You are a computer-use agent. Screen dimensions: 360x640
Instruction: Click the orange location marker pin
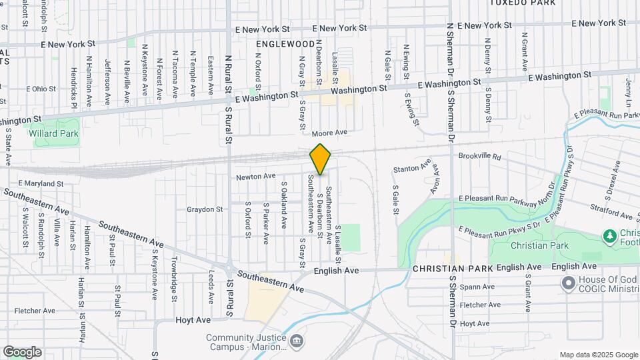click(320, 159)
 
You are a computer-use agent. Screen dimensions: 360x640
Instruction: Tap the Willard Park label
click(53, 133)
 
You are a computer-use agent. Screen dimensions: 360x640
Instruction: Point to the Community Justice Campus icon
click(298, 342)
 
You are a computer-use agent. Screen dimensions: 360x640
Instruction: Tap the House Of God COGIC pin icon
click(568, 285)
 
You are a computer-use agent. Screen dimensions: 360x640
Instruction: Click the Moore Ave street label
click(330, 133)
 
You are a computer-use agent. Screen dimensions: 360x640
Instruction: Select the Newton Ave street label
click(255, 176)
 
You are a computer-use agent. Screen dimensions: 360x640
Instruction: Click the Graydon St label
click(205, 209)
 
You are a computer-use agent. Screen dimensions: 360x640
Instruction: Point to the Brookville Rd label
click(479, 155)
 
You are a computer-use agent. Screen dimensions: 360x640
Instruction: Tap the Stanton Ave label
click(411, 169)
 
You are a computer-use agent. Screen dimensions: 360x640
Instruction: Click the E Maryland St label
click(41, 183)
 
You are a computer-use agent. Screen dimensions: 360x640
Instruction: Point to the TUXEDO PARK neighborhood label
click(522, 3)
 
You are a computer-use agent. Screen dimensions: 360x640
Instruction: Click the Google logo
click(22, 352)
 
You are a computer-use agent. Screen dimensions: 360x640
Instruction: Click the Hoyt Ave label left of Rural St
click(193, 320)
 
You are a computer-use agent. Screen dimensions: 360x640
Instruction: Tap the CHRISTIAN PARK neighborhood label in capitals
click(453, 268)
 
